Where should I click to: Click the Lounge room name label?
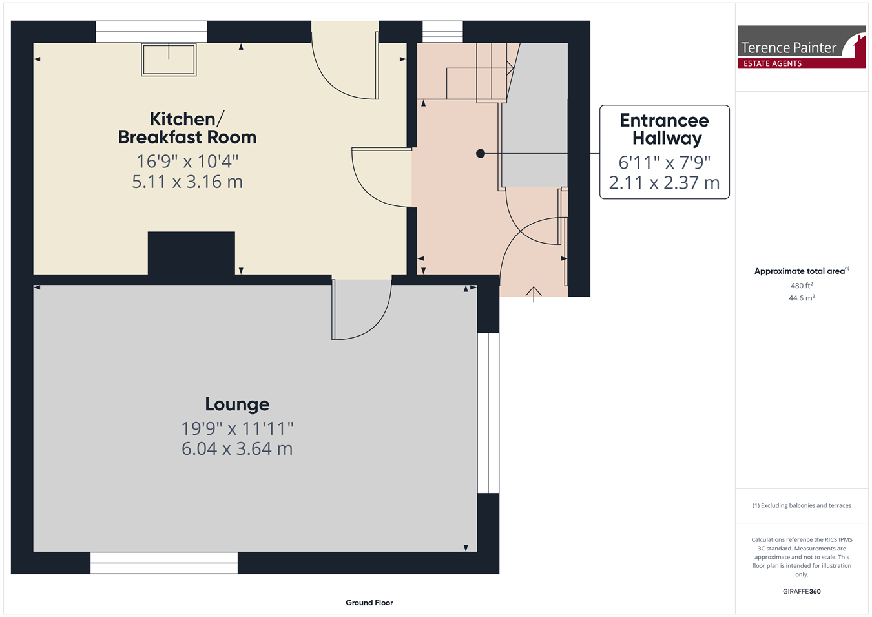click(237, 404)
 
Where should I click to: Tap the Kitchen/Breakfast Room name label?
click(187, 128)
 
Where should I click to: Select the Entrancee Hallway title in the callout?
click(665, 129)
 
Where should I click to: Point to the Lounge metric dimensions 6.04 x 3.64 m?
click(237, 448)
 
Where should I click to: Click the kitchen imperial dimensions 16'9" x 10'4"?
click(187, 161)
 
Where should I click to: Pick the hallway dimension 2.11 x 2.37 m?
click(665, 183)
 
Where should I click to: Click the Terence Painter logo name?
click(788, 48)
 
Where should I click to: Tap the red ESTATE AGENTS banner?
click(802, 63)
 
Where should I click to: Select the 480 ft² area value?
click(802, 286)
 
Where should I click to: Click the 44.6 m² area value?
click(802, 298)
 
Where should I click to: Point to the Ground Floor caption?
click(369, 603)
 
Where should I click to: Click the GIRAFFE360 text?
click(802, 591)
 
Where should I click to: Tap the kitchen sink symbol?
click(169, 59)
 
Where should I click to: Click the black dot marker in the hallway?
click(481, 153)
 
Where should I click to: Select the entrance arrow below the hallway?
click(534, 295)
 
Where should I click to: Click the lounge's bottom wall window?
click(164, 563)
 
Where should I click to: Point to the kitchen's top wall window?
click(151, 32)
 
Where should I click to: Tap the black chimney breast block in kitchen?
click(191, 253)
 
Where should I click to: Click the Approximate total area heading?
click(802, 271)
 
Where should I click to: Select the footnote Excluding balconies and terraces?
click(802, 505)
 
